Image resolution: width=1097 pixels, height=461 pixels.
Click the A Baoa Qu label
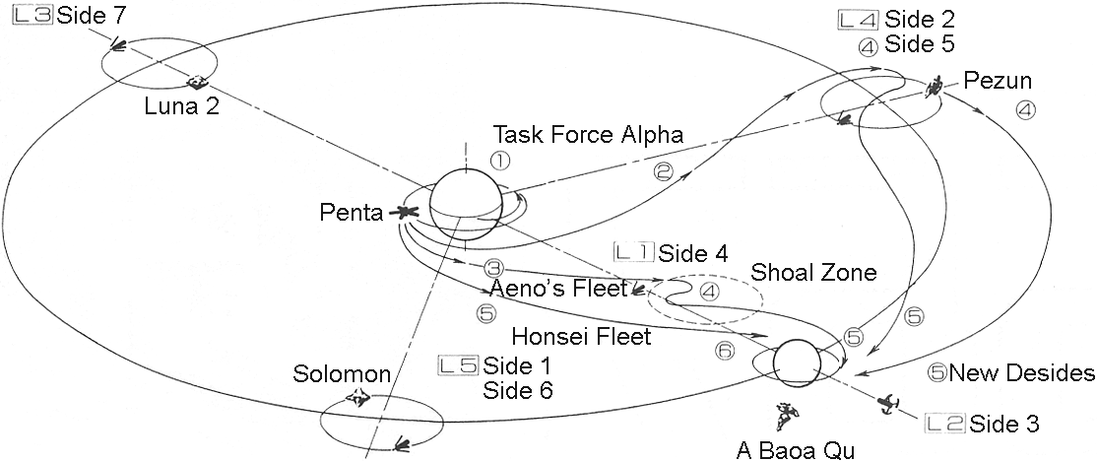pos(797,451)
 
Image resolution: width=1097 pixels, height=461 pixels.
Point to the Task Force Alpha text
pos(588,134)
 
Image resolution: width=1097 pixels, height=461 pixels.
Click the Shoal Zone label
pos(813,273)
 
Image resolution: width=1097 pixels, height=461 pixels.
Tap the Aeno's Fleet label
pos(558,289)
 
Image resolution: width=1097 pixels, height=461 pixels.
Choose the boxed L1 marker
pos(633,252)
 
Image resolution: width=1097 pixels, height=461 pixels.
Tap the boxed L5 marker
pos(458,364)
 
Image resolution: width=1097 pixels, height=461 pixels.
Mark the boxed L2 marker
pos(945,424)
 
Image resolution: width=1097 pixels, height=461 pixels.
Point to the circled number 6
pos(726,350)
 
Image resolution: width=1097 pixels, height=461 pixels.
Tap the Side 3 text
pos(1004,424)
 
